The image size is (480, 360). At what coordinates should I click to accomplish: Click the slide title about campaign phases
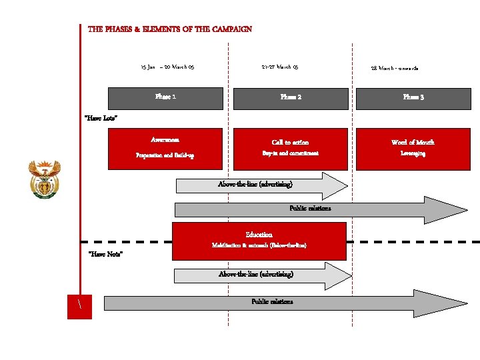pos(170,29)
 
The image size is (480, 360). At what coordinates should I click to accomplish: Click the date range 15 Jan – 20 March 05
pos(167,67)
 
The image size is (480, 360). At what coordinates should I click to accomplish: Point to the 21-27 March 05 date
pos(280,67)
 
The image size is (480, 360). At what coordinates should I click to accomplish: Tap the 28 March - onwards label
pos(395,68)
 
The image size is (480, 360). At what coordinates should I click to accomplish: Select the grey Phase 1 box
pos(165,97)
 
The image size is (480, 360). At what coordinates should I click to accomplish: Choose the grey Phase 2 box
pos(291,98)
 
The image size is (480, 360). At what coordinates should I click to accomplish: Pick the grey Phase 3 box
pos(413,98)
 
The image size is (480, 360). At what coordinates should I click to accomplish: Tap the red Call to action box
pos(291,148)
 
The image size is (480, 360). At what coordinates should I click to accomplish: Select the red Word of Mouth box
pos(413,148)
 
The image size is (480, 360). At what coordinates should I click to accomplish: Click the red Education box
pos(259,240)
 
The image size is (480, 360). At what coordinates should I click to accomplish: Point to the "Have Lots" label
pos(101,119)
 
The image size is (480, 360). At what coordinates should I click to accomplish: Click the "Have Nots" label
pos(105,254)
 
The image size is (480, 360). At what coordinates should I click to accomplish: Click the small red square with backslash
pos(79,306)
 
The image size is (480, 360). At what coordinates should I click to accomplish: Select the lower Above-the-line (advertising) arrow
pos(257,275)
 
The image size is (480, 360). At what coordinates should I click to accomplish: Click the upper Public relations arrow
pos(311,209)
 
